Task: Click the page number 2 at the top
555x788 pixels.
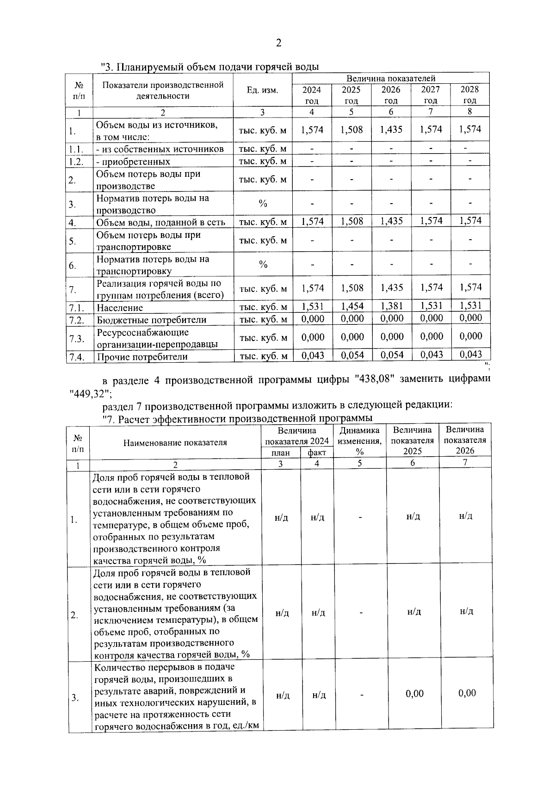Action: pos(278,43)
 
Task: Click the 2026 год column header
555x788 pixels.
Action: pos(391,95)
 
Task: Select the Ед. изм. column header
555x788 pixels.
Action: pos(262,90)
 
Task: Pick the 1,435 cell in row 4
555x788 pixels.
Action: pos(391,221)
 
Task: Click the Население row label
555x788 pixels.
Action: pos(120,308)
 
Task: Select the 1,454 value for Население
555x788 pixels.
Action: pos(352,306)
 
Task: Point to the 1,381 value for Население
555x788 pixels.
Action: pos(391,306)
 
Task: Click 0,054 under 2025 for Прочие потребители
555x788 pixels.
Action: pos(352,355)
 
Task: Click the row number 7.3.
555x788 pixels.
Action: pos(77,339)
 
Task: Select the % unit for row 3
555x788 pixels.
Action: pos(263,204)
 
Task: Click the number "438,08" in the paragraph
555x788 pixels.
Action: pos(373,380)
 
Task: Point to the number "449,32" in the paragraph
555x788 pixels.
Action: pos(88,393)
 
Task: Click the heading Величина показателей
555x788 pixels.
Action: pos(391,78)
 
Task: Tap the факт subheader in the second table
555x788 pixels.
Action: pos(317,453)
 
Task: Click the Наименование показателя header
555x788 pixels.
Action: pos(175,442)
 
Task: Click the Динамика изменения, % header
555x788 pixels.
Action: pos(360,441)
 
